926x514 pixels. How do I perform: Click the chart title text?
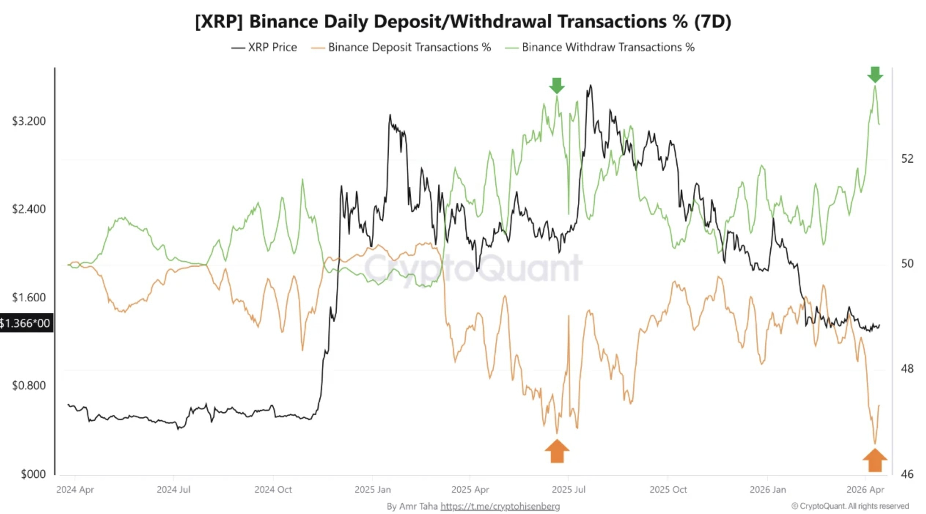(463, 21)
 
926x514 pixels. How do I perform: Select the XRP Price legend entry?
(264, 47)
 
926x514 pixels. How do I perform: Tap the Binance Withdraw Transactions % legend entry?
(600, 47)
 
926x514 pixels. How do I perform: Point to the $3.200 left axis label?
(29, 121)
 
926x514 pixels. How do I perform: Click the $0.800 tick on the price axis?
(29, 385)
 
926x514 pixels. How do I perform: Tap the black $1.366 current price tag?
(26, 323)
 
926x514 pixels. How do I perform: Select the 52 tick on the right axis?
(907, 159)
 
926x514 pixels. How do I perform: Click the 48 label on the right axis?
(907, 368)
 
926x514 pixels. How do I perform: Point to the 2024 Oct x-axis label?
(273, 489)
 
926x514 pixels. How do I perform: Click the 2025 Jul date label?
(569, 489)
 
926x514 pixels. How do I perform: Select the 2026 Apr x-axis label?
(865, 489)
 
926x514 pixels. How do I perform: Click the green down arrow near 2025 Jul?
(556, 85)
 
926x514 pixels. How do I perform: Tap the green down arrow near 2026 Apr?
(875, 74)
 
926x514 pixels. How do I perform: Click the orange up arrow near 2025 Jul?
(557, 451)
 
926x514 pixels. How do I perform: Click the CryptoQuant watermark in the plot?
(473, 268)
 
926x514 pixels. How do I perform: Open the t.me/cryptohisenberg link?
(500, 506)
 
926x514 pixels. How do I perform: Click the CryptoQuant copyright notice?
(850, 506)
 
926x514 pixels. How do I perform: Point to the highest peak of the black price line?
(591, 86)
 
